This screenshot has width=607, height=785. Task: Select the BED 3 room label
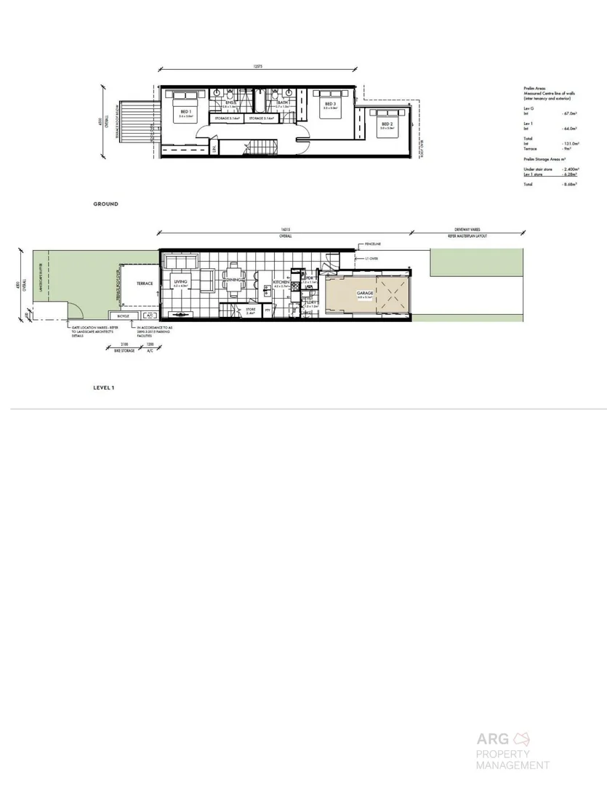330,104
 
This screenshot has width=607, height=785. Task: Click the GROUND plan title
105,204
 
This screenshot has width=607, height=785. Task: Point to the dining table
234,282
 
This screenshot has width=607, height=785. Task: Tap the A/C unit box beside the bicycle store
149,316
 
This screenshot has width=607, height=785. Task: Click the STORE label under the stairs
251,309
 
